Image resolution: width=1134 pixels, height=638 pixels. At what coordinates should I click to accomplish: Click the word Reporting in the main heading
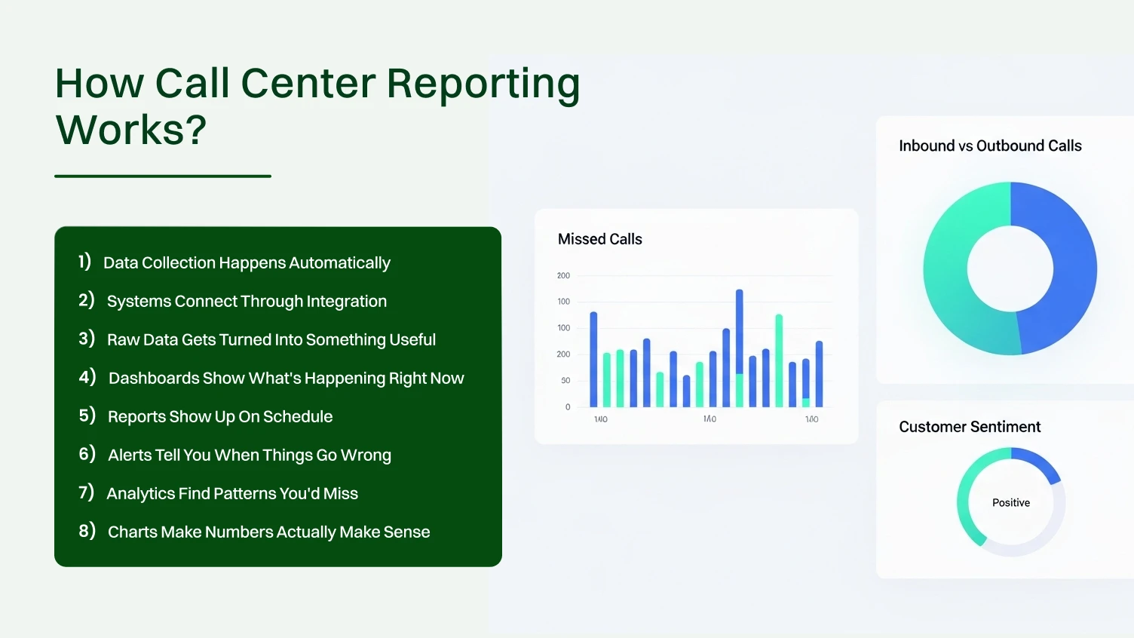pyautogui.click(x=483, y=84)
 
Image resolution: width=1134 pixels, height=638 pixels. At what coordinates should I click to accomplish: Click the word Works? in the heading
pyautogui.click(x=131, y=130)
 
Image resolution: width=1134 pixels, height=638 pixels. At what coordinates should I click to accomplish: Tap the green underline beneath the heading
pyautogui.click(x=163, y=176)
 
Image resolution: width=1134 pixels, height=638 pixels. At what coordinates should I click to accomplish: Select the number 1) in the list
pyautogui.click(x=84, y=262)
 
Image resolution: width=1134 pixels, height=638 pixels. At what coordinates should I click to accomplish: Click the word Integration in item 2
pyautogui.click(x=346, y=302)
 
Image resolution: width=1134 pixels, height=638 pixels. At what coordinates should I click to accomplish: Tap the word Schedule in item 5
pyautogui.click(x=298, y=417)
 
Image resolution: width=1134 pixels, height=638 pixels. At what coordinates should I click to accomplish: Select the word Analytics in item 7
pyautogui.click(x=140, y=494)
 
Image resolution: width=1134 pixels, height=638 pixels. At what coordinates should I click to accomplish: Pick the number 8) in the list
pyautogui.click(x=87, y=531)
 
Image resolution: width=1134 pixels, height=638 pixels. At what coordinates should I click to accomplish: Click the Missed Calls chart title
pyautogui.click(x=599, y=240)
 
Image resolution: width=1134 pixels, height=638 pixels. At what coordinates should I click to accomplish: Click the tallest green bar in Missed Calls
pyautogui.click(x=779, y=360)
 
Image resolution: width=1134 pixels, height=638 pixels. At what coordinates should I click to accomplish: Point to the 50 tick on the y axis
pyautogui.click(x=565, y=381)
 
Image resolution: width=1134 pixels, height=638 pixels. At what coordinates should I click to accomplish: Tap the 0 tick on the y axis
pyautogui.click(x=568, y=407)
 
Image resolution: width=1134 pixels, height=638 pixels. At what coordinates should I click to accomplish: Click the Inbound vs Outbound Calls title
pyautogui.click(x=990, y=146)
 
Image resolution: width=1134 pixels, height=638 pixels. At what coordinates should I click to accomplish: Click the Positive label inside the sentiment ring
pyautogui.click(x=1010, y=503)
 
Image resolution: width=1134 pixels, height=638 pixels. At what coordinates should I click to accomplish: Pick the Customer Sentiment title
pyautogui.click(x=970, y=428)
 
